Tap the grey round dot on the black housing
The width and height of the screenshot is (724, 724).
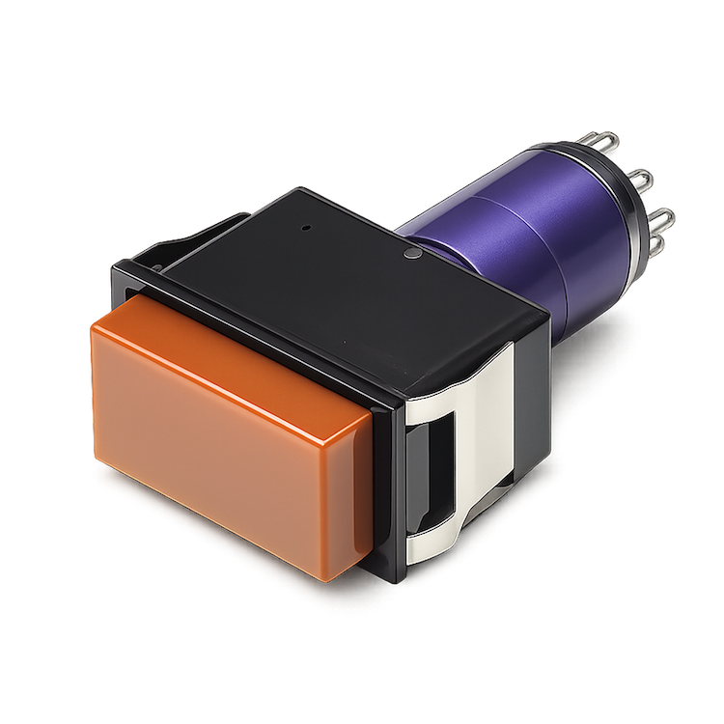412,255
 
